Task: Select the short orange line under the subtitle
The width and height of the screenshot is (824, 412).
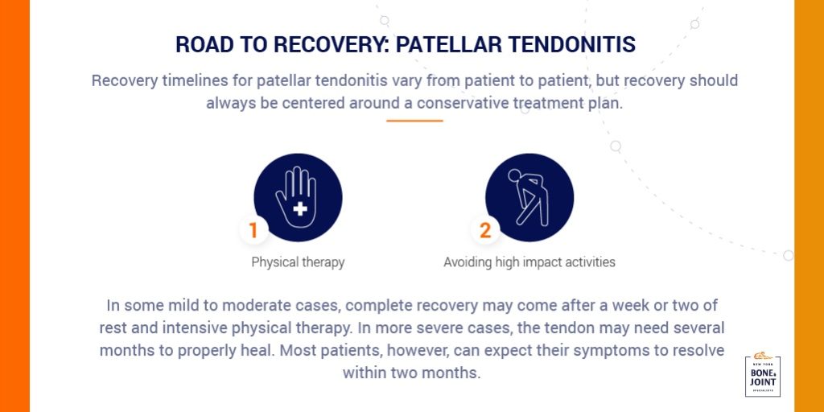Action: [x=414, y=121]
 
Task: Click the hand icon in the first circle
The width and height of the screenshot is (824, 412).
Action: [x=298, y=198]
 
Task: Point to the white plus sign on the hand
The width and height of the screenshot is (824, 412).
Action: [x=301, y=209]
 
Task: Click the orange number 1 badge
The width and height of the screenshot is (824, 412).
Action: [x=253, y=231]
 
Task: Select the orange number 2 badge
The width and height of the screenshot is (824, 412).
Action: [x=484, y=231]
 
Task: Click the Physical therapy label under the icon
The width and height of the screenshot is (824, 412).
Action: [x=298, y=262]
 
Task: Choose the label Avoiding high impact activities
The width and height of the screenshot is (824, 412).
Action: [x=529, y=262]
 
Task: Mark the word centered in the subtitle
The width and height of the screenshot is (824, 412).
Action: [x=312, y=103]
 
